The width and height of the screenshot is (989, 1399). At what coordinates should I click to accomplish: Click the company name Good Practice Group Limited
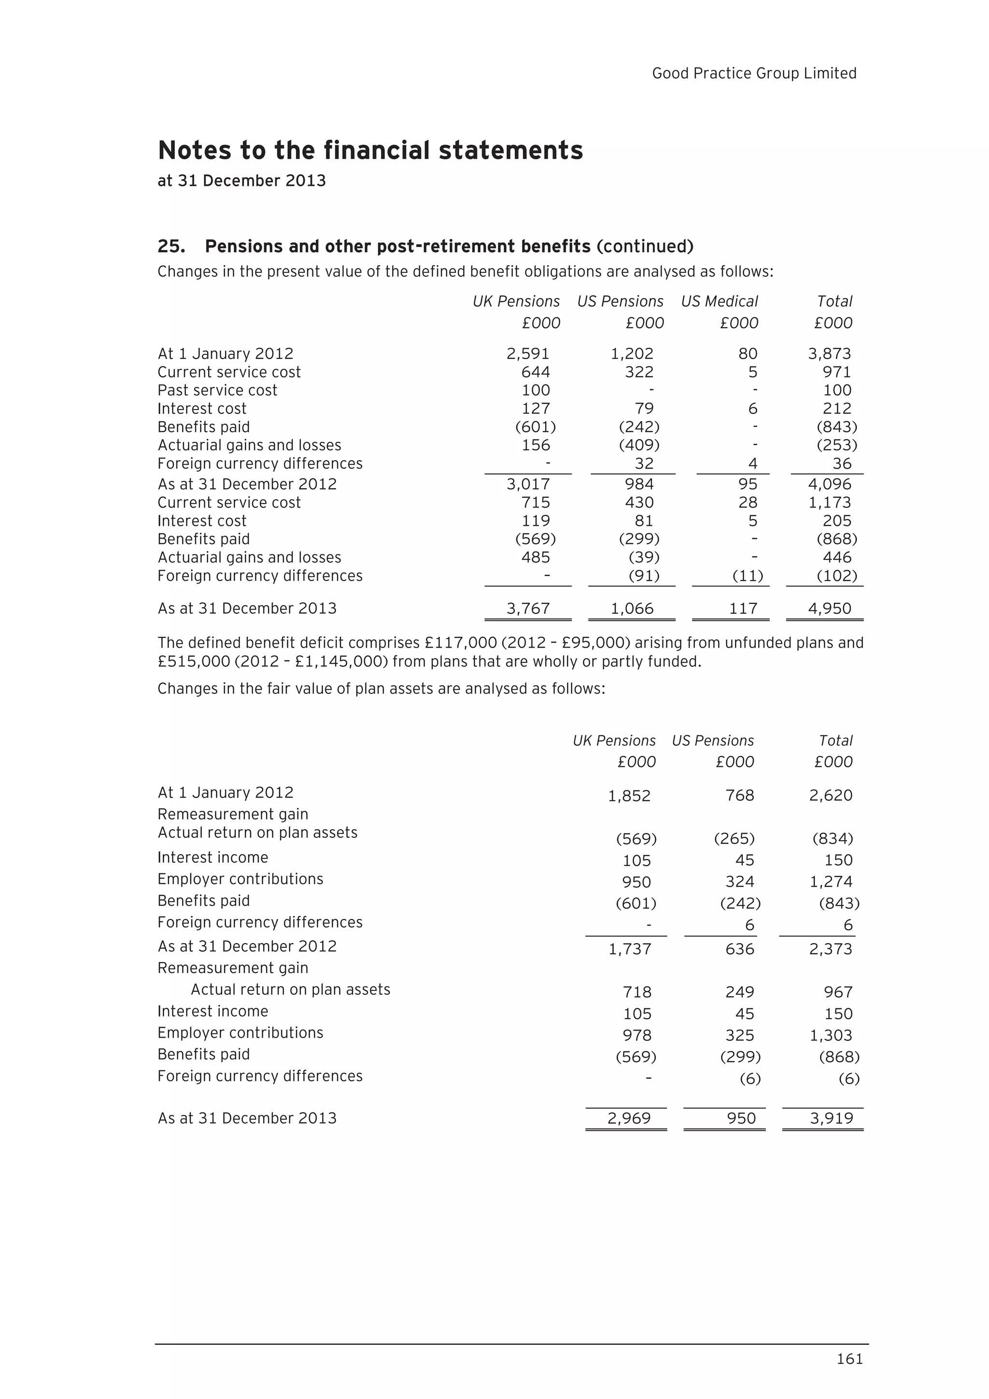point(754,73)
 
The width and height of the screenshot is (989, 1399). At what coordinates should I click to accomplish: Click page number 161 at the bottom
point(849,1359)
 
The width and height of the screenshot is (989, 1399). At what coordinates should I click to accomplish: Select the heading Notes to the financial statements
point(370,151)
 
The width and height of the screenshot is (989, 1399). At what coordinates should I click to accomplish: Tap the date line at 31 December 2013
point(241,181)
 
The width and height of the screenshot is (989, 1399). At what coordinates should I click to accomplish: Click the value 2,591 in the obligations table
point(528,353)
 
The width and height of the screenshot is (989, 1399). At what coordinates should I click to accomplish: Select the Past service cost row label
point(217,390)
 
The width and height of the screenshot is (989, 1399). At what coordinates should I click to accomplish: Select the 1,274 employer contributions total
point(831,881)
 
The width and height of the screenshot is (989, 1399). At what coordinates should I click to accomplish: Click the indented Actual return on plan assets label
point(290,989)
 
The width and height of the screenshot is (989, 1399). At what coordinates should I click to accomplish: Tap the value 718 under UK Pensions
point(637,991)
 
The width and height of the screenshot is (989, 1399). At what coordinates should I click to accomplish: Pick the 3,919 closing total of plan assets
point(831,1117)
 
